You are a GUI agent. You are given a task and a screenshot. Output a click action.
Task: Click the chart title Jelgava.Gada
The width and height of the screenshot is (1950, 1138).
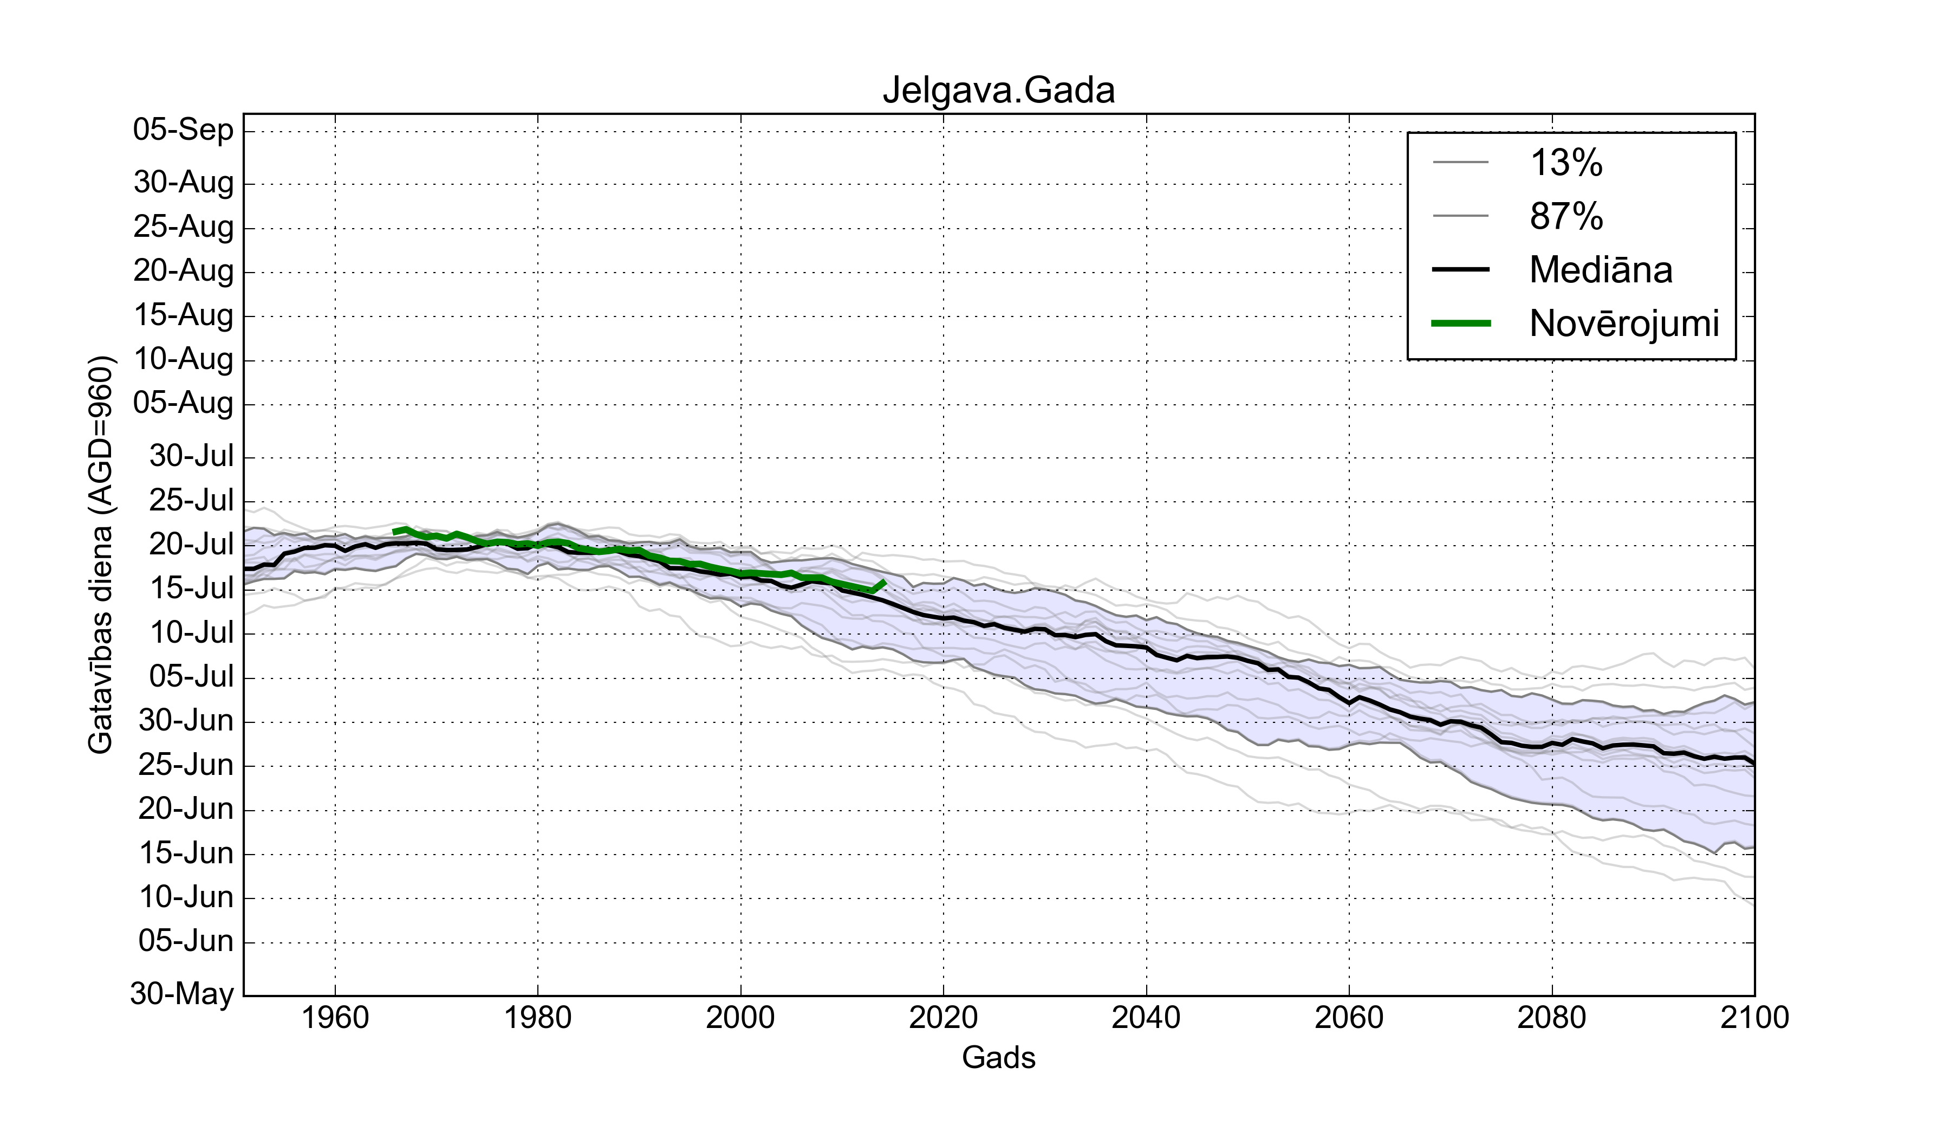[998, 90]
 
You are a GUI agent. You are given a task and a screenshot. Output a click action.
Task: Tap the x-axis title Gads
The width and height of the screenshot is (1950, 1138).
[998, 1057]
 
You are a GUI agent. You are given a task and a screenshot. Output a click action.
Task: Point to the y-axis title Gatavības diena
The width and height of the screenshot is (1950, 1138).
[101, 554]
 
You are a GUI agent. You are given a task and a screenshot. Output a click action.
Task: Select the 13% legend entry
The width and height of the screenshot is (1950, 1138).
[1566, 163]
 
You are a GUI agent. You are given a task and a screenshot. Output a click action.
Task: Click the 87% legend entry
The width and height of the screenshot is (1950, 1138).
[1566, 216]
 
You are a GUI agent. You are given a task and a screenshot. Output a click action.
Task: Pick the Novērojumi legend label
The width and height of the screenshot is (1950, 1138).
[1623, 323]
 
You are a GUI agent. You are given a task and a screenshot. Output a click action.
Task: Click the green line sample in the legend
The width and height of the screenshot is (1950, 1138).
[1461, 324]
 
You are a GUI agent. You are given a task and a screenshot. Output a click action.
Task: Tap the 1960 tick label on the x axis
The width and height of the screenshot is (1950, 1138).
[335, 1017]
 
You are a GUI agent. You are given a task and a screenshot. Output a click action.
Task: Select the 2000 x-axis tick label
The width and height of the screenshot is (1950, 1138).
[740, 1017]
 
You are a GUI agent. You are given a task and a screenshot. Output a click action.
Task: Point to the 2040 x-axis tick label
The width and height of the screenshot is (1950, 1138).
[1146, 1017]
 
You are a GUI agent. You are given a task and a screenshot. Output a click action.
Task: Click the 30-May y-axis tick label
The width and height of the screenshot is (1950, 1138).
[182, 993]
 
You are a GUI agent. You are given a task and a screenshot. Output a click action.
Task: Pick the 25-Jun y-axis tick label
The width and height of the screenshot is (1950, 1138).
[186, 765]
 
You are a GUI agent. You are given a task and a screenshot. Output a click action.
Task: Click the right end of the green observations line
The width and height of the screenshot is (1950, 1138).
[885, 581]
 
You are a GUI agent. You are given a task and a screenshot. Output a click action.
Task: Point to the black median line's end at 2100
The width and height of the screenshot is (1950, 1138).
[1753, 764]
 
